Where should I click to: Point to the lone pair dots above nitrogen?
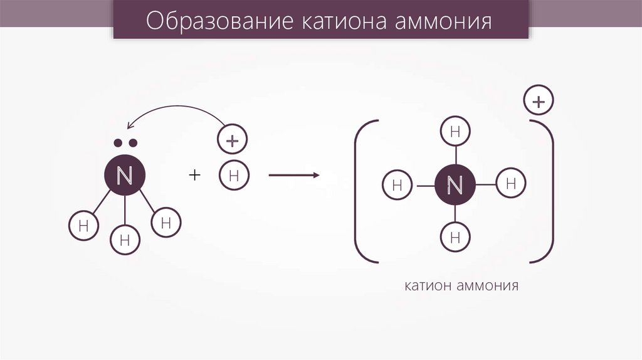[x=125, y=144]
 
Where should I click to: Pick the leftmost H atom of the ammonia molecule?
[x=83, y=226]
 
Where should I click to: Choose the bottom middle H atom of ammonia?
[x=125, y=239]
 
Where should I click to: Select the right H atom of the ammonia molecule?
[x=166, y=222]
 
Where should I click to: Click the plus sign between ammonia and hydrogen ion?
[x=194, y=176]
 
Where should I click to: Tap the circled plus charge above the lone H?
[x=233, y=140]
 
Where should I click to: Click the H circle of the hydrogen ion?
[x=234, y=176]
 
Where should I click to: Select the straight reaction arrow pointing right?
[x=293, y=176]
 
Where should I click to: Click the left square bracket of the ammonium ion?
[x=359, y=191]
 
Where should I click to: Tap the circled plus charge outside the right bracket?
[x=539, y=100]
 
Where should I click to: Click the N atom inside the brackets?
[x=455, y=185]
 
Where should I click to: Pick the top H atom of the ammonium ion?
[x=456, y=132]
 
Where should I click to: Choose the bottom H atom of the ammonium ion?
[x=456, y=237]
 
